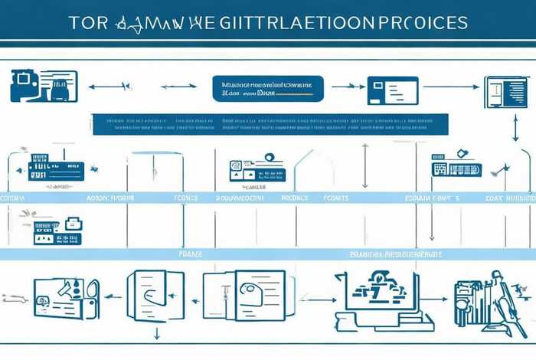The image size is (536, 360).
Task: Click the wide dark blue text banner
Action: [269, 124]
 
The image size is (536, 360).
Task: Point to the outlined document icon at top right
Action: [503, 91]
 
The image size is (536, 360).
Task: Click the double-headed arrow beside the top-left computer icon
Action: [107, 87]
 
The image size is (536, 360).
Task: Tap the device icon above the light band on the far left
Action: [54, 170]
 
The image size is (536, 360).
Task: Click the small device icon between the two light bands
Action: [58, 231]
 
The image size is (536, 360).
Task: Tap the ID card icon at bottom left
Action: [65, 297]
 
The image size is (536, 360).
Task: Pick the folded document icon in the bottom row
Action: [155, 296]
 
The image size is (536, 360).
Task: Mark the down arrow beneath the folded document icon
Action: [156, 333]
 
